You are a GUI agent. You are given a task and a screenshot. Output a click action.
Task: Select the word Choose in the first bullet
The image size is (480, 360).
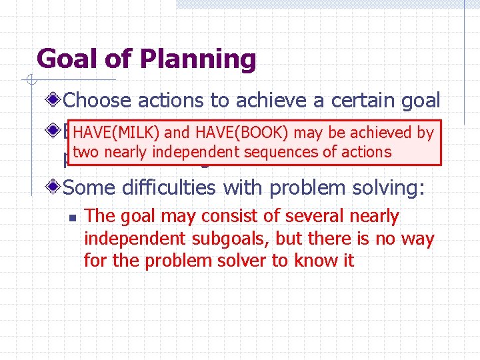99,101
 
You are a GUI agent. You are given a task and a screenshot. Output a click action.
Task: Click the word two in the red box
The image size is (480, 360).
87,152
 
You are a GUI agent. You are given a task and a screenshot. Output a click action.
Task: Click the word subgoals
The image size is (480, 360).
230,239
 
